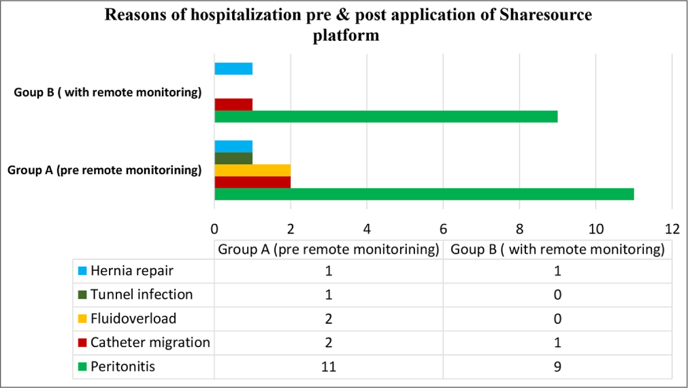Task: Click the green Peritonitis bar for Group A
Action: pyautogui.click(x=424, y=194)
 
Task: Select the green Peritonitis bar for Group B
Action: pyautogui.click(x=386, y=116)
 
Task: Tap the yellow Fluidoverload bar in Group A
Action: pyautogui.click(x=252, y=170)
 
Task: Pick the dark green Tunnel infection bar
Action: pyautogui.click(x=233, y=158)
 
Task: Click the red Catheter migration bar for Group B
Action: pyautogui.click(x=233, y=104)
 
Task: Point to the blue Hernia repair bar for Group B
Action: pyautogui.click(x=233, y=68)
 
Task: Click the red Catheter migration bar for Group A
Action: pyautogui.click(x=252, y=182)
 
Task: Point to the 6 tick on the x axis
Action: pyautogui.click(x=443, y=227)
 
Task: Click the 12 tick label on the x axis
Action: pyautogui.click(x=672, y=227)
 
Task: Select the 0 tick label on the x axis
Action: pyautogui.click(x=214, y=227)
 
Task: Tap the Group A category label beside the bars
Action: pyautogui.click(x=104, y=170)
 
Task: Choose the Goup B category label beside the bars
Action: pyautogui.click(x=108, y=93)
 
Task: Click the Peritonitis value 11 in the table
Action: pyautogui.click(x=328, y=367)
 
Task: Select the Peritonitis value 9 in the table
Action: pyautogui.click(x=557, y=367)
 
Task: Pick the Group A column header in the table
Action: pyautogui.click(x=328, y=249)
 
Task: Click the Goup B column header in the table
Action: pyautogui.click(x=557, y=249)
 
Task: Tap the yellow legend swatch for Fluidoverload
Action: pyautogui.click(x=82, y=319)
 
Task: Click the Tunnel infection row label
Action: pyautogui.click(x=142, y=295)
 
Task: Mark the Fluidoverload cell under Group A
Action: pyautogui.click(x=328, y=319)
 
